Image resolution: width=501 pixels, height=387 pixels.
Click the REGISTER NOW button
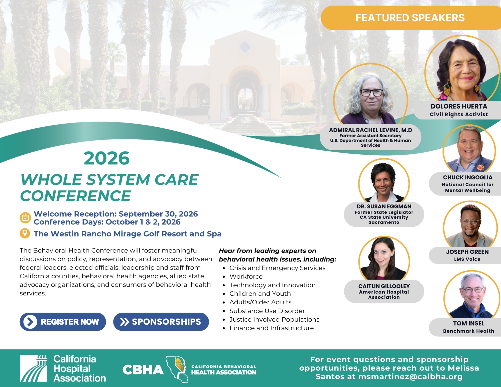(x=63, y=322)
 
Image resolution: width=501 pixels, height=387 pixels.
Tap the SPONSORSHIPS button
(x=161, y=322)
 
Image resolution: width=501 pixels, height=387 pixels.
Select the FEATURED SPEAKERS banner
(x=411, y=18)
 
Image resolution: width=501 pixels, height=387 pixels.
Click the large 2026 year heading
(x=107, y=158)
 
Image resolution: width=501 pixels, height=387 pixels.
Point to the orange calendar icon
(x=25, y=217)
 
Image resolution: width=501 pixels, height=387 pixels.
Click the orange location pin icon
(x=25, y=233)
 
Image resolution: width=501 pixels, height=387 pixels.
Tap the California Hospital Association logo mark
(x=34, y=368)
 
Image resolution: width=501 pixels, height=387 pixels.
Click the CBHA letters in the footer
(x=143, y=370)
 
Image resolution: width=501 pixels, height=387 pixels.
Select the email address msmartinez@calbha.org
(x=410, y=376)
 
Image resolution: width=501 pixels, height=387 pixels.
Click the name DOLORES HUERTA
(x=459, y=106)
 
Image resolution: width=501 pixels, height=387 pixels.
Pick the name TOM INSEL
(x=469, y=323)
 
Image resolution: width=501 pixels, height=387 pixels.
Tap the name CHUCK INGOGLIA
(x=468, y=177)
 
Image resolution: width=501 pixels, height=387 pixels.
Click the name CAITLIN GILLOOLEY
(x=384, y=286)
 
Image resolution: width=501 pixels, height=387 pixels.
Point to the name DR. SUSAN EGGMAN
(x=384, y=206)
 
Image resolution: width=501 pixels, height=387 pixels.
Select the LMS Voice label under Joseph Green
(x=467, y=259)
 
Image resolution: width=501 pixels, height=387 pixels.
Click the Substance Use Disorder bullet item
(x=267, y=311)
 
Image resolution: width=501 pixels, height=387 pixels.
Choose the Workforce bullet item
(x=246, y=277)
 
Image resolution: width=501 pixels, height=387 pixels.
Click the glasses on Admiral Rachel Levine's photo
(x=371, y=92)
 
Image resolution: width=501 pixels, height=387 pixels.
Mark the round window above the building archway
(x=244, y=47)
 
